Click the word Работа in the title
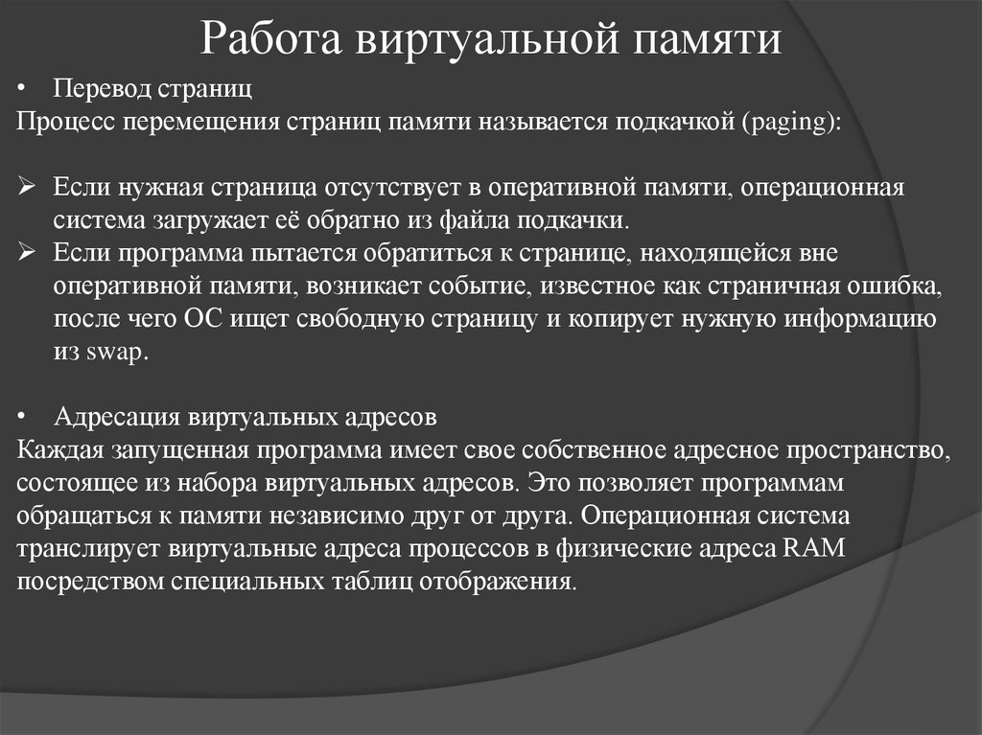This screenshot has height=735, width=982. (x=274, y=41)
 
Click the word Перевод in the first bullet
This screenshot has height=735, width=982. (x=97, y=91)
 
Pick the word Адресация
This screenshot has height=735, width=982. (x=120, y=418)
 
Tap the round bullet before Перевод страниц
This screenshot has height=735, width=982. (x=25, y=92)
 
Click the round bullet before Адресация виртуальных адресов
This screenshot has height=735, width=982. (x=25, y=419)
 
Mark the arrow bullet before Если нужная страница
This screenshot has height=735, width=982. (x=27, y=188)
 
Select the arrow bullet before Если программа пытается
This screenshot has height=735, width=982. (x=27, y=253)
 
